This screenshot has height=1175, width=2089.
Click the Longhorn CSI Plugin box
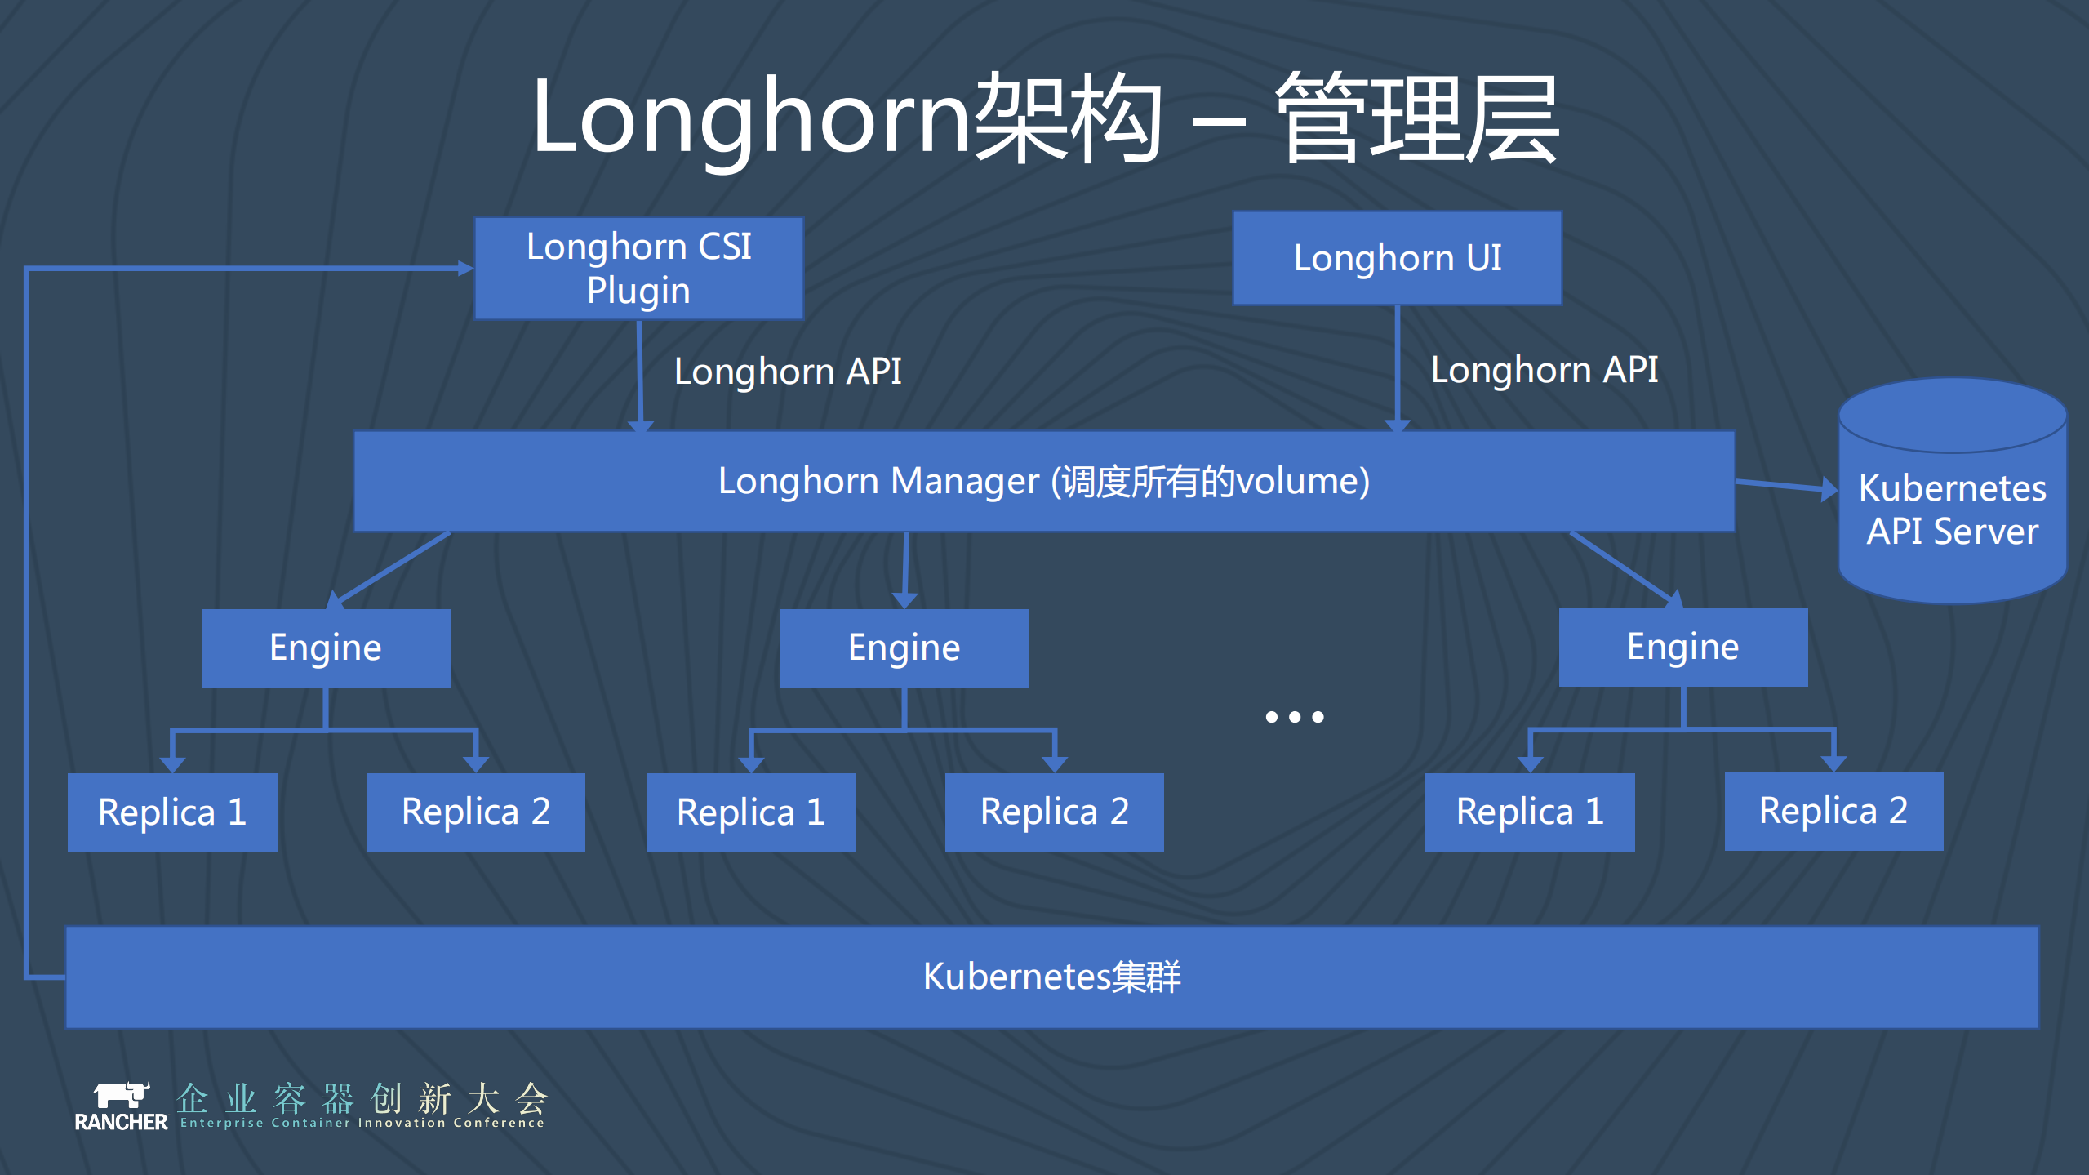638,268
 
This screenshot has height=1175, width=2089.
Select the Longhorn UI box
1397,258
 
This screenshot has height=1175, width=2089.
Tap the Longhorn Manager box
1043,482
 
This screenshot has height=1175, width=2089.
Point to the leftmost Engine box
326,648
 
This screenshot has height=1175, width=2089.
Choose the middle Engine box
904,648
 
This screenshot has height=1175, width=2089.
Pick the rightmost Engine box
1682,647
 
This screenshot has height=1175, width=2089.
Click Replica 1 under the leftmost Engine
172,812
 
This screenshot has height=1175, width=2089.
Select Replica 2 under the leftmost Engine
475,812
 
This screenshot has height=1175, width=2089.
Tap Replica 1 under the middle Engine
751,812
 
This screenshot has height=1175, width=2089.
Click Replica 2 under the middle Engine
1054,812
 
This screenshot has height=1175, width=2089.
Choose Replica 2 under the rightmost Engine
1833,811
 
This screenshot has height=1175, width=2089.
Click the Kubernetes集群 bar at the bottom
1051,977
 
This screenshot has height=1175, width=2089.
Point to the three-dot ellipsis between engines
1295,717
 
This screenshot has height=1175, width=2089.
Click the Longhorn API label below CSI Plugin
788,372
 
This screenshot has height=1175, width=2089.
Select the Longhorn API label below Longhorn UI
1545,370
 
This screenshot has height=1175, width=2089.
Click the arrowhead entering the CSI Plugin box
466,268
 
